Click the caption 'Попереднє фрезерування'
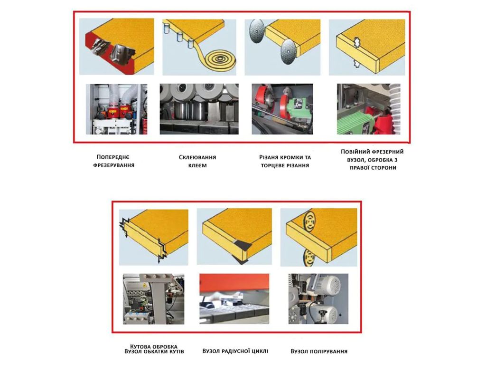[x=114, y=161]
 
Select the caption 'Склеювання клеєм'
[x=197, y=162]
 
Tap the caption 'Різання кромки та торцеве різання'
[x=285, y=162]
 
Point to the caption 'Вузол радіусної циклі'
[x=235, y=351]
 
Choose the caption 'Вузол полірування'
[x=319, y=351]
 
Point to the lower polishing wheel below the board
[x=309, y=257]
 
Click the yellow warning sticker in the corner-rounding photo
[x=145, y=285]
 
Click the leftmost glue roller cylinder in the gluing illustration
[x=167, y=28]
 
